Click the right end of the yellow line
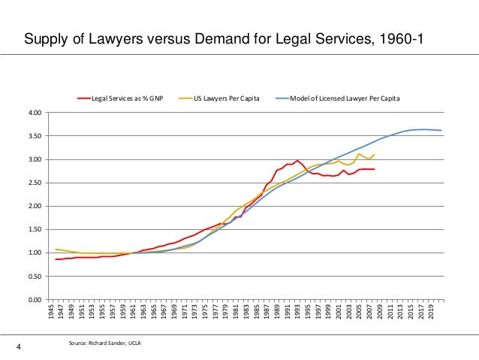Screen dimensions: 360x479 point(374,155)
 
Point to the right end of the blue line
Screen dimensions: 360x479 point(441,131)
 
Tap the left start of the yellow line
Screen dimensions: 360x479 point(56,250)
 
